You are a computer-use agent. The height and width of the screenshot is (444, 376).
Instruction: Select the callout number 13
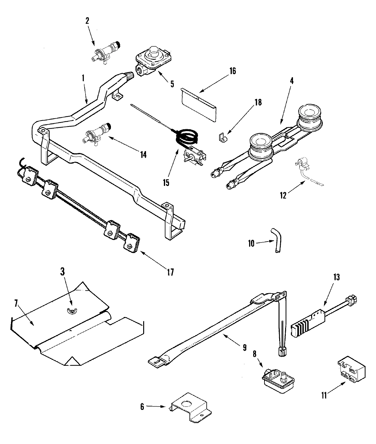[x=337, y=278]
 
